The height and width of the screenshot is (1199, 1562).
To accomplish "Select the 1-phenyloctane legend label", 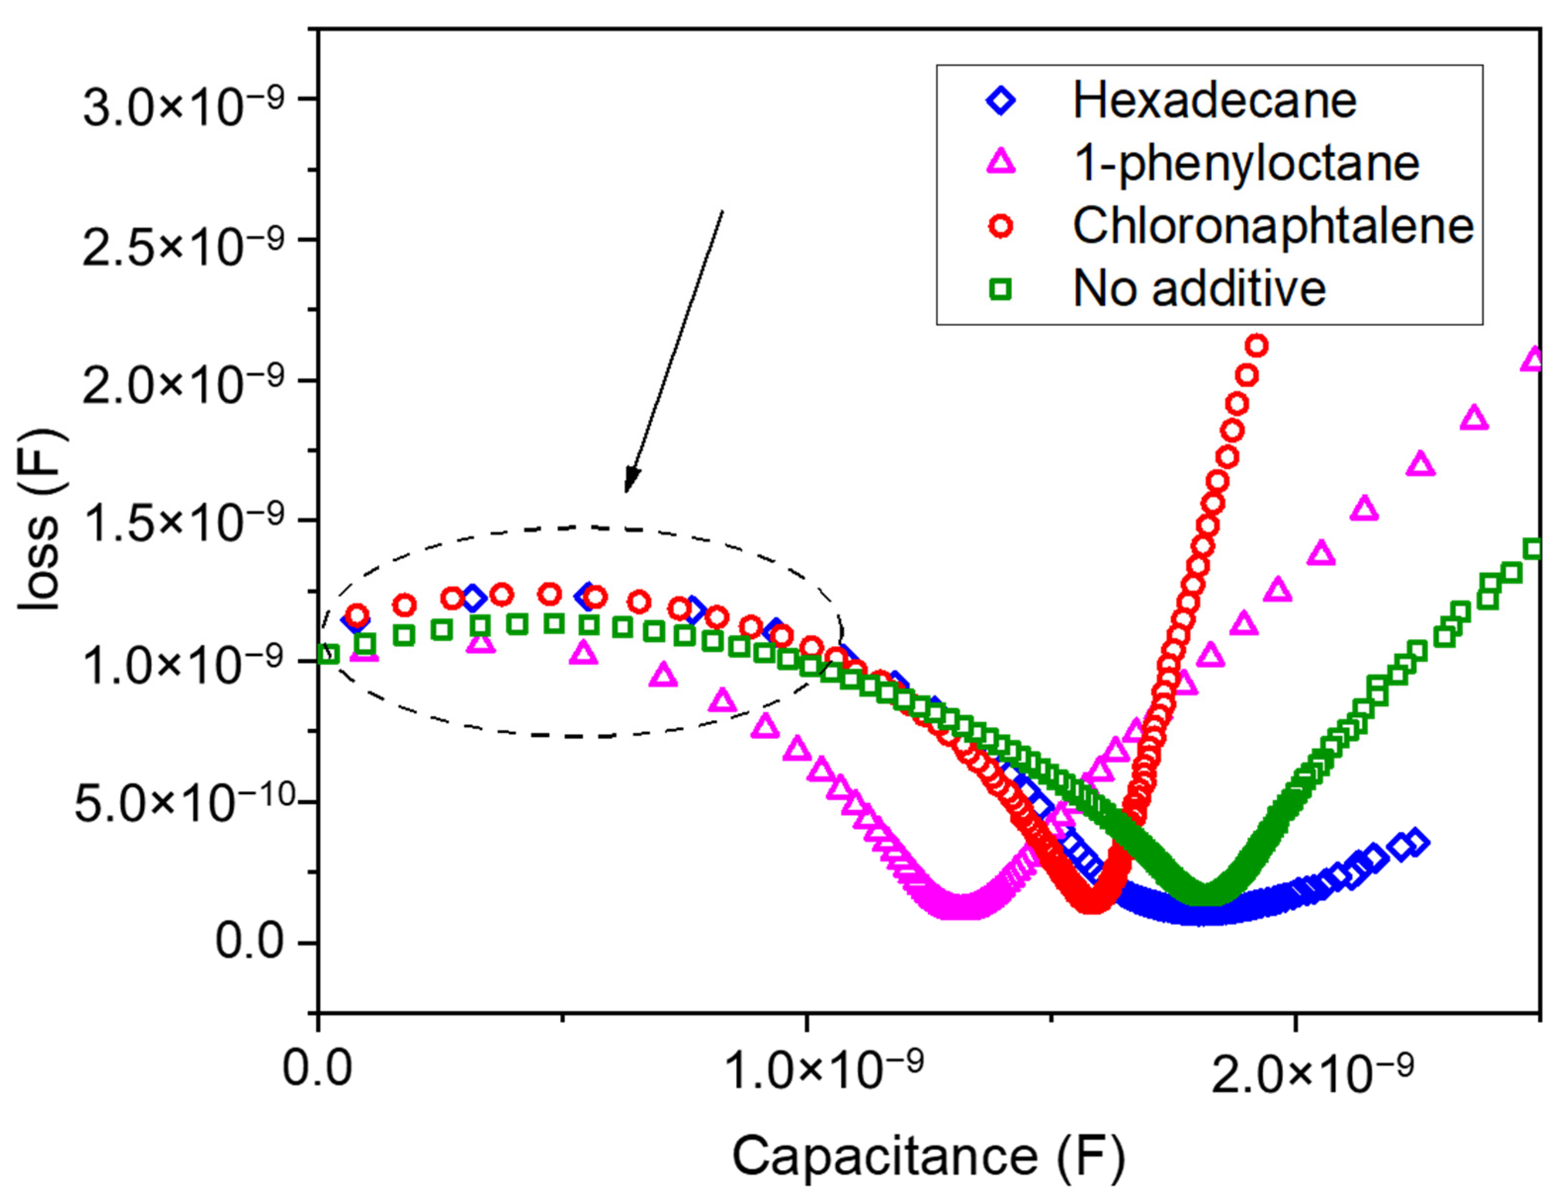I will [1246, 164].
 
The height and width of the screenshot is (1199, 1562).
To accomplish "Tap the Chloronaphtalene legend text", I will [1273, 226].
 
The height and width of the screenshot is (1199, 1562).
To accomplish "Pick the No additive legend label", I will [1199, 289].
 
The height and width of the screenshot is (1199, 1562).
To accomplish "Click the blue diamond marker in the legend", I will [1001, 101].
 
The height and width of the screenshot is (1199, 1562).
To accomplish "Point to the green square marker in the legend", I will [1001, 289].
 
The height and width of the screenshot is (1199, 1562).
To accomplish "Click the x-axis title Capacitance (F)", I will [928, 1156].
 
